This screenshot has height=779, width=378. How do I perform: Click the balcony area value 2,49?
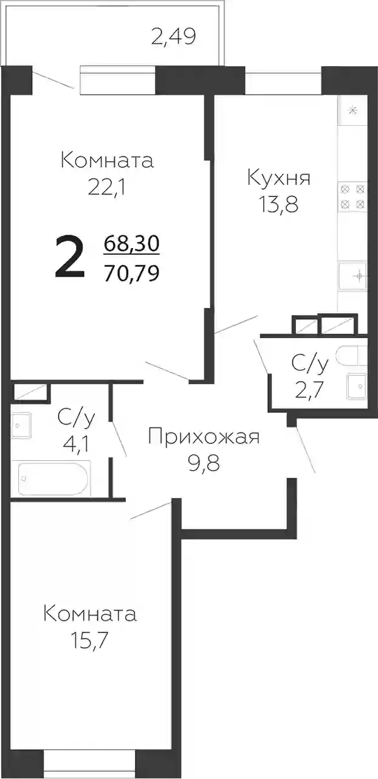174,36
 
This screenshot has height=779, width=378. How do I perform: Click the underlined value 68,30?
132,243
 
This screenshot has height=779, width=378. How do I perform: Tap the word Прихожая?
204,437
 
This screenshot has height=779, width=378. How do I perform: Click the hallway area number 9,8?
204,463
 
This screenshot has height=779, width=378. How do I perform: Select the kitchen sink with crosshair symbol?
353,275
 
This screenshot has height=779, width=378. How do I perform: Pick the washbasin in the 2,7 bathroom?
357,386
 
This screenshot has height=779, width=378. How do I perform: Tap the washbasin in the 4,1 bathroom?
21,425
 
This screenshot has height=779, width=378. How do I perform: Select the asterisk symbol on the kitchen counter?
353,111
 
